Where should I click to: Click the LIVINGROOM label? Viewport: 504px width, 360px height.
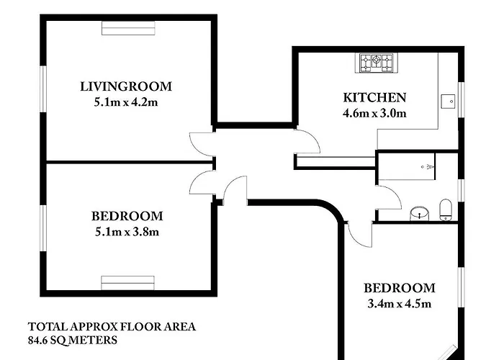coord(126,86)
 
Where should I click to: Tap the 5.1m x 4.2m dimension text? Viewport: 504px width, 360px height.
coord(126,102)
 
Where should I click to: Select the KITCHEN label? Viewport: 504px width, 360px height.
coord(375,97)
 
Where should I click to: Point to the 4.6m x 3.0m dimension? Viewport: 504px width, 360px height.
coord(375,114)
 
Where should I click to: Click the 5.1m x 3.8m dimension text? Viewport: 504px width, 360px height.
coord(127,232)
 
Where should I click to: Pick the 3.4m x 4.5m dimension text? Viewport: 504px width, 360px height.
coord(399,304)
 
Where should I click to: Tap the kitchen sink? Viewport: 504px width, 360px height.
coord(448,102)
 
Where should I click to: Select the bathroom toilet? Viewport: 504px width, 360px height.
coord(446,210)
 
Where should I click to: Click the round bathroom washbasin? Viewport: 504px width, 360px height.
coord(420,213)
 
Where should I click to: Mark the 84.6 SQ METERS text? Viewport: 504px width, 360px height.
coord(73,340)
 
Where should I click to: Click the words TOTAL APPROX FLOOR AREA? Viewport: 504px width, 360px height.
coord(112,327)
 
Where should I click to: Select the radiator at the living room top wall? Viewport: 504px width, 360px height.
coord(128,28)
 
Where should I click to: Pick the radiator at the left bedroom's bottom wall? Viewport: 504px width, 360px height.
coord(128,283)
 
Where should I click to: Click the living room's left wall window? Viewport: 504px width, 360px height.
coord(43,89)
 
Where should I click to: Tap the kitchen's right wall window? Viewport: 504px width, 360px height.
coord(462,99)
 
